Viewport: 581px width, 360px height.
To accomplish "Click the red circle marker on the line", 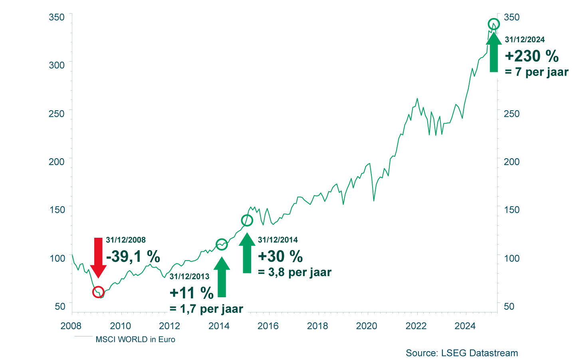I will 98,292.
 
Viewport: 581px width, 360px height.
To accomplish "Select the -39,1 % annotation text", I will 133,256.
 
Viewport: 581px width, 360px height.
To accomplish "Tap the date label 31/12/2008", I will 126,240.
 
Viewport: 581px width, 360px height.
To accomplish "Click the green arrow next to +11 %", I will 222,277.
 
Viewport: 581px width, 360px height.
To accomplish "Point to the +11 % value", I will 192,293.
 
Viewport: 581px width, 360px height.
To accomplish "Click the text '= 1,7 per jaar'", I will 206,309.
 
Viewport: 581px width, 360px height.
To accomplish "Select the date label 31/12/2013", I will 189,276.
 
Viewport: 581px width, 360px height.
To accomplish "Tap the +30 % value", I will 280,257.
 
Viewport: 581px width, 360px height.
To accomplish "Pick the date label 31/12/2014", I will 278,240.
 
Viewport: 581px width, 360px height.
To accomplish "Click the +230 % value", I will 532,56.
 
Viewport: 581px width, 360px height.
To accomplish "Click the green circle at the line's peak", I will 494,24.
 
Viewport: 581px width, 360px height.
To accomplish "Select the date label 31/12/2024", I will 525,40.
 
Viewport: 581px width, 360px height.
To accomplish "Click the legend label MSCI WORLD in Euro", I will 135,340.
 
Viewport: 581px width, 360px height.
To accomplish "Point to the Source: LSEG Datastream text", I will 462,353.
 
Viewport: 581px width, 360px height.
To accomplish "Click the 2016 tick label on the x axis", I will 268,326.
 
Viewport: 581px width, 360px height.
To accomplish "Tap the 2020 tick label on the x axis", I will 367,326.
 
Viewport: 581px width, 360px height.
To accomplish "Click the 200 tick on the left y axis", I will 57,161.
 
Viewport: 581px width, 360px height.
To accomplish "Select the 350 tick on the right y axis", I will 512,17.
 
